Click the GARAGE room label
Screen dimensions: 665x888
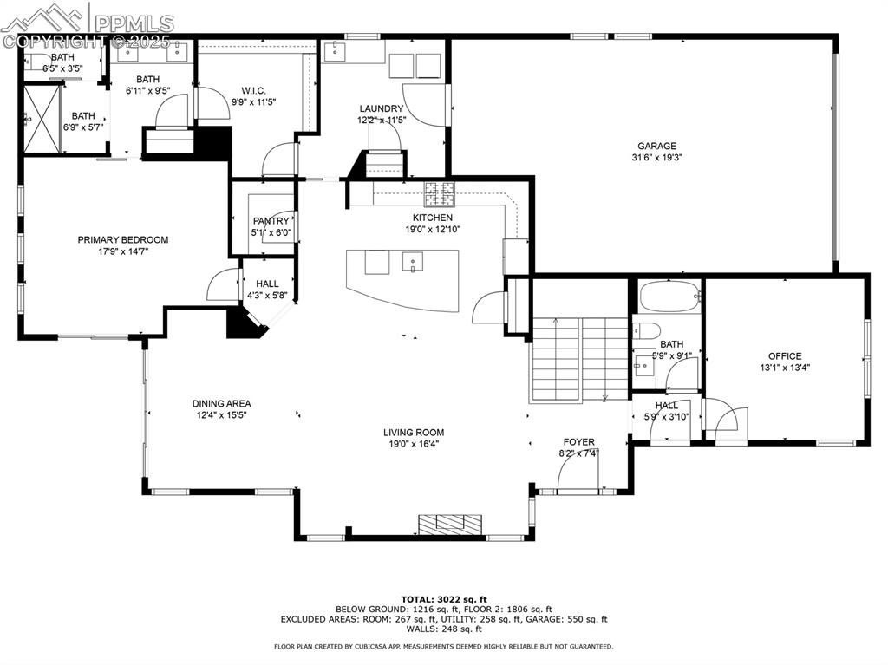coord(656,146)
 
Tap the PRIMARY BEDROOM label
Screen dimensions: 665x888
coord(123,240)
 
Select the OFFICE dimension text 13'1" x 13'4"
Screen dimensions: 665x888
coord(784,367)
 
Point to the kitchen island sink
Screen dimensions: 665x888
coord(413,259)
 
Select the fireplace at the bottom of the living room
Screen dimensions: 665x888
coord(450,523)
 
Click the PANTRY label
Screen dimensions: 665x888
coord(271,222)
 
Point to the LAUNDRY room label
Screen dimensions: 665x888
coord(382,108)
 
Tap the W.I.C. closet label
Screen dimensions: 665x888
coord(253,91)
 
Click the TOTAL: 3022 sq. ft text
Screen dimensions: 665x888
coord(444,599)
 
